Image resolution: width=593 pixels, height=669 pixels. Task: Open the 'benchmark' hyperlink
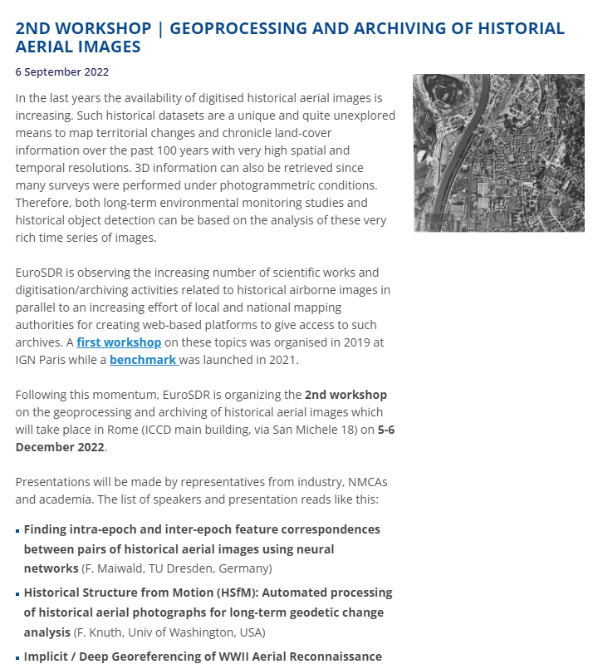(x=142, y=360)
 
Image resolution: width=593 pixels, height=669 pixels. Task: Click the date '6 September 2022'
(x=61, y=72)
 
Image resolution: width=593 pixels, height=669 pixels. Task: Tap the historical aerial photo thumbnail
(x=498, y=153)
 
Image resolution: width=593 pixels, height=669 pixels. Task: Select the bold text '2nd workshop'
(x=346, y=395)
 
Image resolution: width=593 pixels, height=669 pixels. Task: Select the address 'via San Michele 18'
(x=296, y=430)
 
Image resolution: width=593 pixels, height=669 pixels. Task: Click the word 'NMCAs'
(x=365, y=482)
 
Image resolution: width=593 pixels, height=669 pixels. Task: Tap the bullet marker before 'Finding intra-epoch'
(x=18, y=530)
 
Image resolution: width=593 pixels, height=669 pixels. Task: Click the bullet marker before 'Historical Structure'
(x=18, y=594)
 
